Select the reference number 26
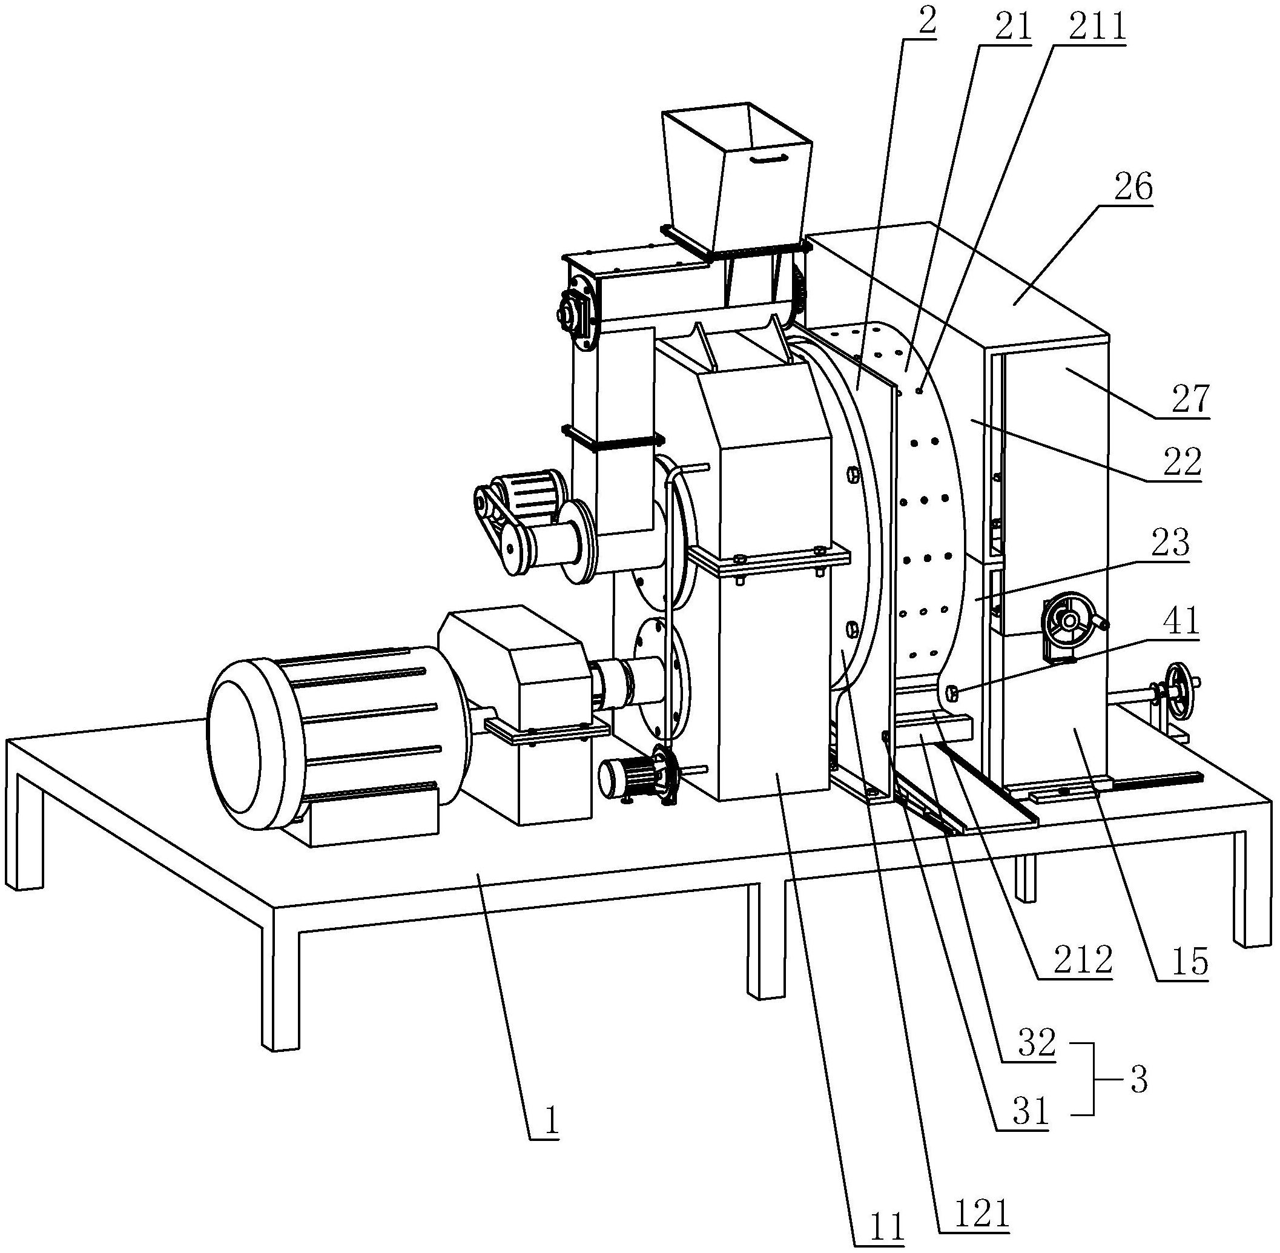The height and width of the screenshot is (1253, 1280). pos(1133,188)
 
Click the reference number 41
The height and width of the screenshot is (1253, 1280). pos(1181,620)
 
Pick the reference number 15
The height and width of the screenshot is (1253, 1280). pos(1190,963)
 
